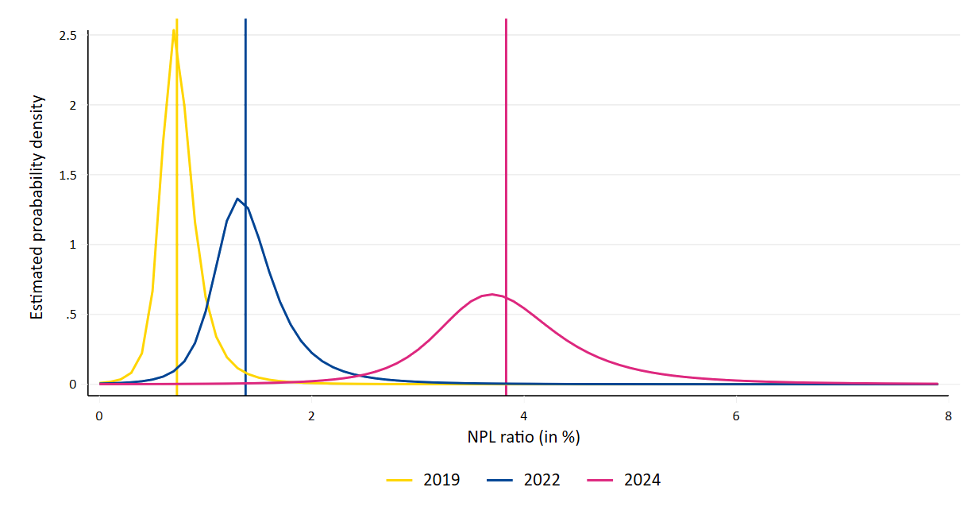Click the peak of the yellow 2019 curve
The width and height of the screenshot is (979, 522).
click(x=173, y=30)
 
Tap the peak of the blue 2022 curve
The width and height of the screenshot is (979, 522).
click(x=237, y=199)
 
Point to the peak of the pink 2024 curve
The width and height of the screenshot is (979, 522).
click(x=492, y=294)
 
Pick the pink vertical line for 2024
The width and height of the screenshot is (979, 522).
click(x=506, y=159)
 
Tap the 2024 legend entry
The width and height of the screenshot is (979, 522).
click(x=624, y=480)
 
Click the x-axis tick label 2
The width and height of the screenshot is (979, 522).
click(x=311, y=416)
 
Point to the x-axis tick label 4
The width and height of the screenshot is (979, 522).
click(x=523, y=416)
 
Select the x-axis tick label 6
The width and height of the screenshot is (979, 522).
click(x=736, y=416)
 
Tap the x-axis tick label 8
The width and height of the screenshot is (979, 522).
click(x=948, y=416)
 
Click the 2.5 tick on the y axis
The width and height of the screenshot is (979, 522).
click(x=67, y=36)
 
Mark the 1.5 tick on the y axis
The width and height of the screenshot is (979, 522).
click(x=67, y=175)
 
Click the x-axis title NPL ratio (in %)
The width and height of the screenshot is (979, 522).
click(x=523, y=437)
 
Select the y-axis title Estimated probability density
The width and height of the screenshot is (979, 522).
click(x=37, y=208)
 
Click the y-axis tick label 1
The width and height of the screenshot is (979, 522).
click(x=72, y=245)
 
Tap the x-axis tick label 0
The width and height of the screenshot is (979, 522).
click(x=99, y=416)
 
